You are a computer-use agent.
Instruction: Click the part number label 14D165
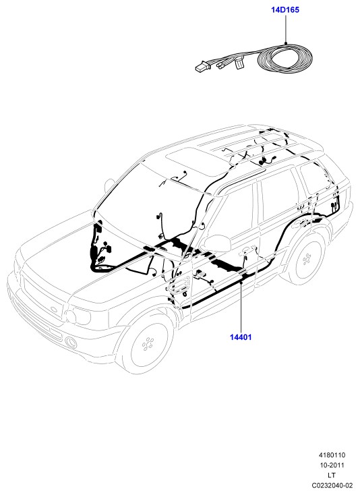coord(285,10)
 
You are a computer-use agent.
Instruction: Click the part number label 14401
coord(241,337)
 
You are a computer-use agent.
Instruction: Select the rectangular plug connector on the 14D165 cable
coord(202,67)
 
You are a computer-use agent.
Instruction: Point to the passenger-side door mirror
coord(216,243)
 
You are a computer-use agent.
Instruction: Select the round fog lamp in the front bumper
coord(71,342)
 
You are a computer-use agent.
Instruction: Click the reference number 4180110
coord(332,455)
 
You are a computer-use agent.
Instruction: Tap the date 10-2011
coord(332,465)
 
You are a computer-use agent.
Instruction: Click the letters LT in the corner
coord(332,475)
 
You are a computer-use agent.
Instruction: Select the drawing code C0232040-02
coord(332,485)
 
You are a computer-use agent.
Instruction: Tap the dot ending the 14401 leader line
coord(241,283)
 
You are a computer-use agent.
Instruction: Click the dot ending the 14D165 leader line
coord(286,42)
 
